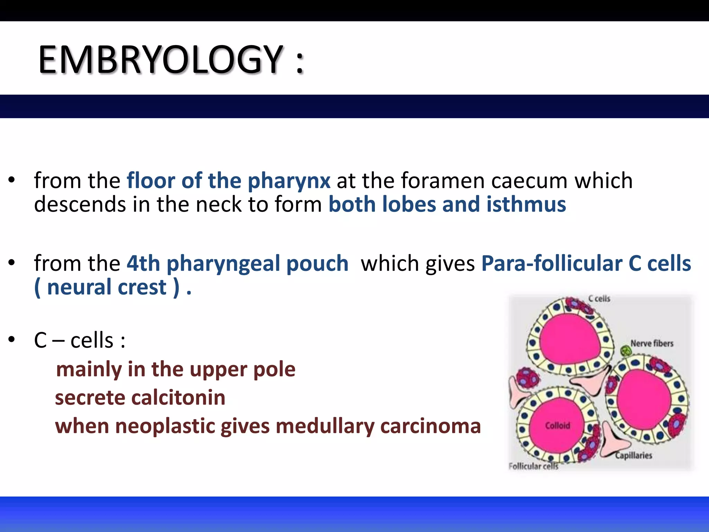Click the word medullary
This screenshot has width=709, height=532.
pyautogui.click(x=325, y=426)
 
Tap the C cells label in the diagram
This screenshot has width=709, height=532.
pyautogui.click(x=599, y=299)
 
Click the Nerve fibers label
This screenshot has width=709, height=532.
pyautogui.click(x=652, y=344)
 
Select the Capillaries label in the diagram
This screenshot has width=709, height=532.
pyautogui.click(x=633, y=455)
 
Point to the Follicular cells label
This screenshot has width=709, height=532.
pyautogui.click(x=533, y=467)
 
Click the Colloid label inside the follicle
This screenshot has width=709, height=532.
pyautogui.click(x=557, y=426)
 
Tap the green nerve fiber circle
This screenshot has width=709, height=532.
pyautogui.click(x=626, y=351)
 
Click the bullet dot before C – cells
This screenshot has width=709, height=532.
pyautogui.click(x=12, y=340)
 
